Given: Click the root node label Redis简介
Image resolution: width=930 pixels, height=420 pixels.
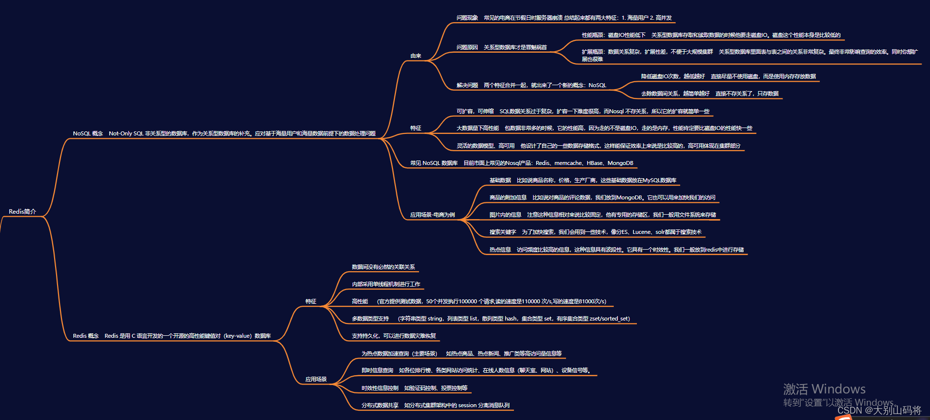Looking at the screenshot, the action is (23, 212).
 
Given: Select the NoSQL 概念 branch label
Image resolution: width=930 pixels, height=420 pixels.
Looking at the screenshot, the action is (88, 133).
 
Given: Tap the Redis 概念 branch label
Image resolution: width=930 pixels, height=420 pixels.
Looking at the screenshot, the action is (86, 336).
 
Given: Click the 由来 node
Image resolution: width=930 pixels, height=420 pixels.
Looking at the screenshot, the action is (416, 56).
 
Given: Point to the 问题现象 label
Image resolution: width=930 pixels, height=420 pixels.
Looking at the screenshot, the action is (467, 18).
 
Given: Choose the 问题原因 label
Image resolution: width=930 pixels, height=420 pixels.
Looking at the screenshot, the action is (467, 47).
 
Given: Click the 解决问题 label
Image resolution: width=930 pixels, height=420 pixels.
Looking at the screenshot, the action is (467, 85).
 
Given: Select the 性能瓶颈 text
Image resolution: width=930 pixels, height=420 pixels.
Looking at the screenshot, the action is (593, 35).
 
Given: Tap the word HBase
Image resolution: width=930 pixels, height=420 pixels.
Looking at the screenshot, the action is (595, 163).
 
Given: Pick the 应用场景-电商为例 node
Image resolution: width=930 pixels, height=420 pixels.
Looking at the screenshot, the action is (432, 215).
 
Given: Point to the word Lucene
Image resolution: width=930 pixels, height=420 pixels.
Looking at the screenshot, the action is (641, 232).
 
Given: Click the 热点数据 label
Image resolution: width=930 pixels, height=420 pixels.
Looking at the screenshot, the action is (500, 250).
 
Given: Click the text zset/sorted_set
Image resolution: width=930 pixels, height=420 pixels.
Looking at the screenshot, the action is (610, 319).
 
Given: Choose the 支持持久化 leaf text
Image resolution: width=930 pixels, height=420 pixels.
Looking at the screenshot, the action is (365, 336).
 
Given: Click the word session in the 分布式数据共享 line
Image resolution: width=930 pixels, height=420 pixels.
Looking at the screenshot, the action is (467, 405).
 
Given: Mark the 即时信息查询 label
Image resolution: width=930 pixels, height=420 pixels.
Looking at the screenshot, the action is (377, 370).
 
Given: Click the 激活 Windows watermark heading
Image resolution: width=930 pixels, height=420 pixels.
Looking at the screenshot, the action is (824, 389).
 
